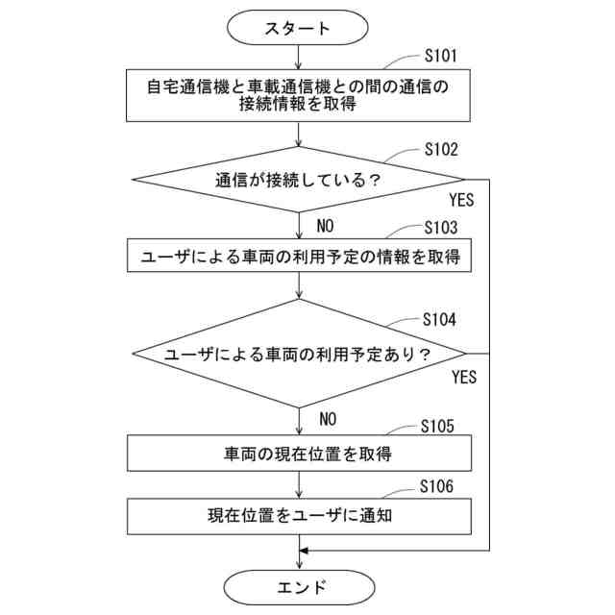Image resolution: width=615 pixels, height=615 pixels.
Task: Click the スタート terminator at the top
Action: tap(299, 28)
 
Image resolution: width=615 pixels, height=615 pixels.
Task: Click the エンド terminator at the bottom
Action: tap(299, 585)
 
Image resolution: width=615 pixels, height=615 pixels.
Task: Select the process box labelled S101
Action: tap(299, 95)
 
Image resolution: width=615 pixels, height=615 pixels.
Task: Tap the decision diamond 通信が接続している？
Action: tap(299, 179)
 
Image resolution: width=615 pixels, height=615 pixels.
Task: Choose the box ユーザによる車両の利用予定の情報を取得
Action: tap(299, 257)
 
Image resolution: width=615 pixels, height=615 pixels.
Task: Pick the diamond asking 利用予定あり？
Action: tap(299, 354)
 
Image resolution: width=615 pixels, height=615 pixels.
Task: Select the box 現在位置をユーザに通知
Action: tap(299, 515)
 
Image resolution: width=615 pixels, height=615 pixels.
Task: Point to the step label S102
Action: tap(440, 150)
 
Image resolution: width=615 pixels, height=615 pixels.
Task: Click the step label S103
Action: tap(440, 228)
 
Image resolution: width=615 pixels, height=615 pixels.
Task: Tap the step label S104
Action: tap(440, 320)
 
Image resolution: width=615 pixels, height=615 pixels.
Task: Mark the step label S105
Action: tap(440, 426)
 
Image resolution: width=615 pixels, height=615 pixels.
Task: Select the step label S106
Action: tap(440, 487)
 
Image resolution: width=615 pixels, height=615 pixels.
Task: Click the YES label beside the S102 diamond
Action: tap(463, 202)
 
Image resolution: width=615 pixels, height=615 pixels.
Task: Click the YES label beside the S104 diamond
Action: tap(463, 377)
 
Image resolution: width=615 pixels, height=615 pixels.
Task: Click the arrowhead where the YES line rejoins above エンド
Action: tap(305, 551)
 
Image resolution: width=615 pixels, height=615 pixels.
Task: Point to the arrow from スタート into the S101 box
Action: tap(299, 58)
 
